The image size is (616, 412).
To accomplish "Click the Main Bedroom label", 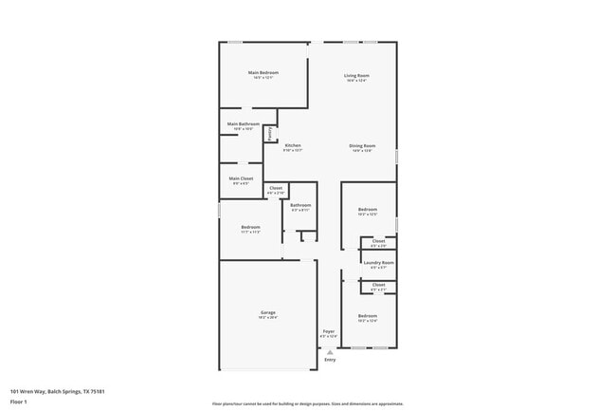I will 263,73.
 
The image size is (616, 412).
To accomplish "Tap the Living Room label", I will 356,75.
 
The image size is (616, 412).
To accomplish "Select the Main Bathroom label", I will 244,124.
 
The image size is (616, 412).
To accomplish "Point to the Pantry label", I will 269,134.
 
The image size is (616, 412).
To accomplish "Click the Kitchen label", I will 293,145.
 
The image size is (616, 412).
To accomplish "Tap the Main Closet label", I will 241,178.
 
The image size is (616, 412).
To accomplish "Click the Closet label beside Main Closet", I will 276,188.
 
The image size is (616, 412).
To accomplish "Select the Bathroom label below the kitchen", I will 301,205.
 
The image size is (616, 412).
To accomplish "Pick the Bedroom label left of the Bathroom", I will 250,227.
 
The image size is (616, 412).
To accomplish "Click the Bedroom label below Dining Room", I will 368,209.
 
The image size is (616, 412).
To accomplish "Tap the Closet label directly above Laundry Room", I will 378,241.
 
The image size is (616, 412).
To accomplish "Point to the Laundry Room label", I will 378,262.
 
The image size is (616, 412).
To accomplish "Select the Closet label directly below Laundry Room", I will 378,285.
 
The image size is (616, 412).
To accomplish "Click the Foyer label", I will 328,331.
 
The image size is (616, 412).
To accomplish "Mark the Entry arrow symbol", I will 330,351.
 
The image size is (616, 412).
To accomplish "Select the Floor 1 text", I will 19,402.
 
